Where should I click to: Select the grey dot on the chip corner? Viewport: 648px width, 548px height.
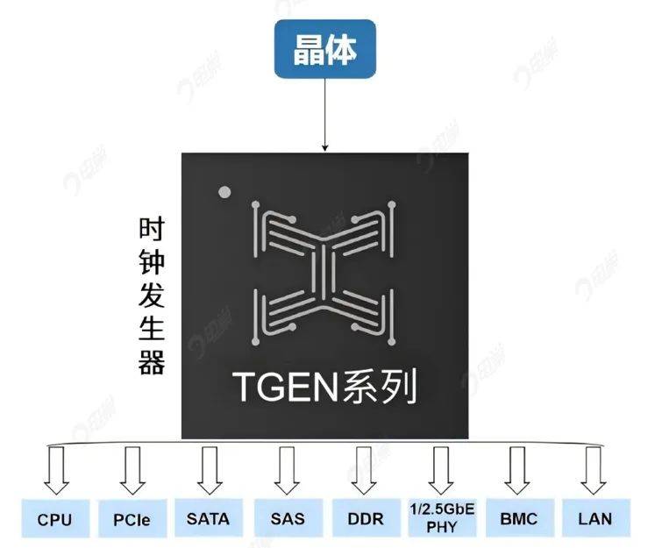(224, 190)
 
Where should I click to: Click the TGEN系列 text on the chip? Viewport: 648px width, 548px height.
(324, 386)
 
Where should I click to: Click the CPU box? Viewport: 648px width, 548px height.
(54, 519)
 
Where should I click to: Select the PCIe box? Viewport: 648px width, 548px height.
(132, 519)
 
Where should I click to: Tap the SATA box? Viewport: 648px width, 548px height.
(208, 519)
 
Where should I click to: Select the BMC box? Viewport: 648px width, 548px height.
(517, 519)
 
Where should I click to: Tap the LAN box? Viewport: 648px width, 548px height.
(595, 519)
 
